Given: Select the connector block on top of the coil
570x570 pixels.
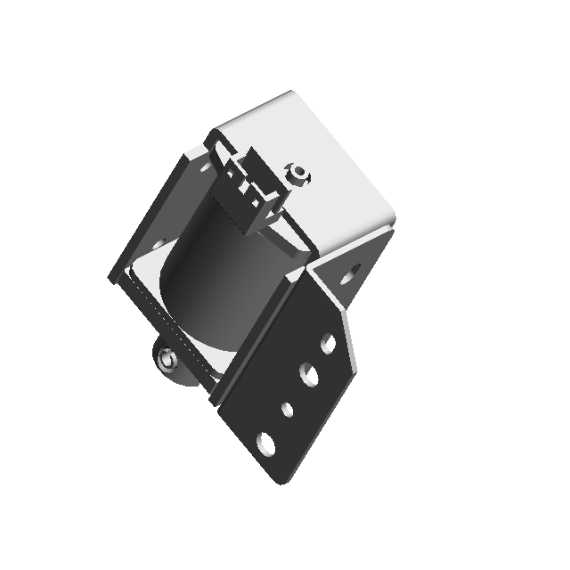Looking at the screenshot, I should (x=249, y=191).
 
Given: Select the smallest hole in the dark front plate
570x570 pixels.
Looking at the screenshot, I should (x=287, y=410).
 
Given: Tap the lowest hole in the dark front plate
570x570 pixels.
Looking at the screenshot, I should (x=266, y=440).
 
